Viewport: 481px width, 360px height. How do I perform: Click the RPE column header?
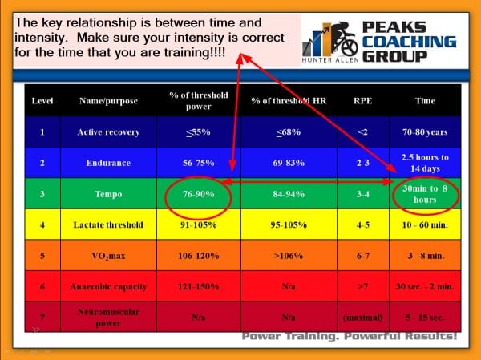[362, 101]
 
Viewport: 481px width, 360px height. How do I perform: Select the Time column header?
[425, 101]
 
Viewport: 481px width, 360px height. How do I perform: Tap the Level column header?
[42, 101]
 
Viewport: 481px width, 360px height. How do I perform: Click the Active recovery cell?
[108, 132]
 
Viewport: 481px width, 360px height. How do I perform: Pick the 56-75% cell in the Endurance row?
[199, 163]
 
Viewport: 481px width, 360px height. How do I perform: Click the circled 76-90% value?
[199, 194]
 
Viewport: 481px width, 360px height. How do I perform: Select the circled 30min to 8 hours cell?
[425, 194]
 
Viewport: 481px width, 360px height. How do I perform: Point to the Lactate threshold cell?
[108, 225]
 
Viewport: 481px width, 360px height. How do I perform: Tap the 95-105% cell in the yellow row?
[289, 225]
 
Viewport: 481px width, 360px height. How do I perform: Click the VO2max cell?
[108, 256]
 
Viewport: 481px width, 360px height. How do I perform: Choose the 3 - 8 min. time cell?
[426, 256]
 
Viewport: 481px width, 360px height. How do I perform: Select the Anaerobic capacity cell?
[108, 287]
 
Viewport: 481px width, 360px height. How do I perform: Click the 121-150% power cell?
[199, 287]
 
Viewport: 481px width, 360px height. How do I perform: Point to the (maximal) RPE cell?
[362, 318]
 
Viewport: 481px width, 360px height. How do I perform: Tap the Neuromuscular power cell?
[108, 318]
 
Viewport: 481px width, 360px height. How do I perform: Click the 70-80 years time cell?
[425, 132]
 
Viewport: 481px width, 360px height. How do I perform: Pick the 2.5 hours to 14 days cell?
[425, 163]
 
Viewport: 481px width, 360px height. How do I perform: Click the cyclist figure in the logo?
[342, 38]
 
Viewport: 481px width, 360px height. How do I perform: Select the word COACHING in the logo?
[409, 42]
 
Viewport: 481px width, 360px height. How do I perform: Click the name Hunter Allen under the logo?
[330, 60]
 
